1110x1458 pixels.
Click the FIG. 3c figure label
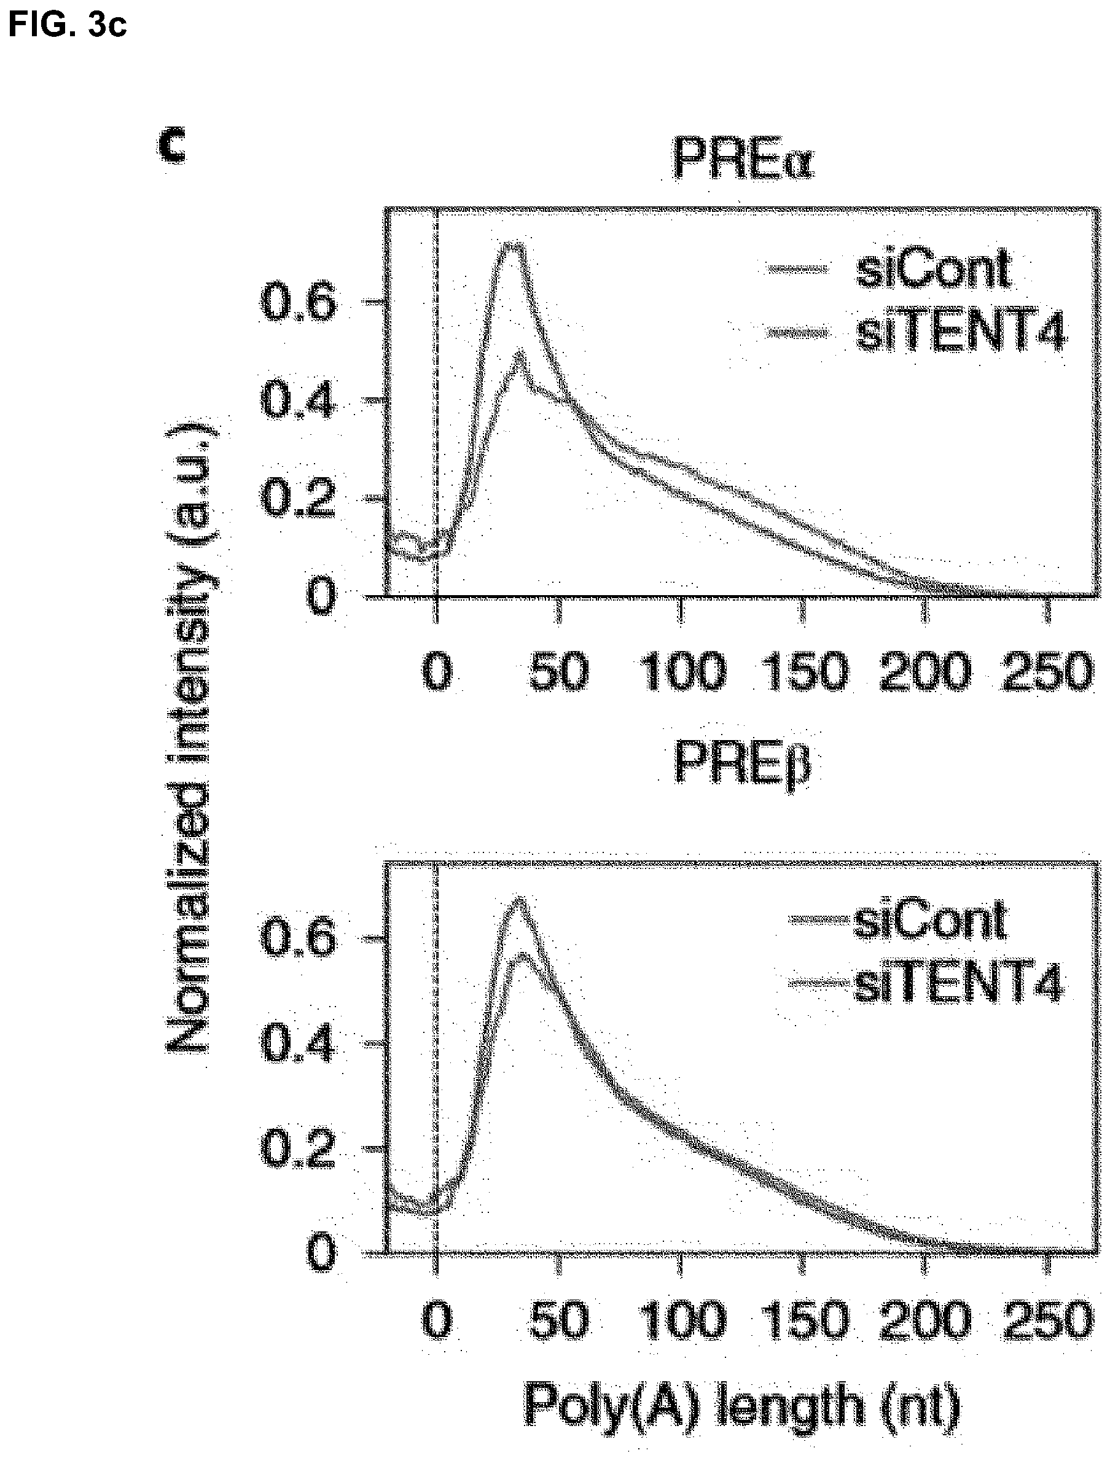click(67, 24)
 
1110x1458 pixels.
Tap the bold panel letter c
click(173, 146)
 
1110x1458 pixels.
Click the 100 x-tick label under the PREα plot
click(683, 672)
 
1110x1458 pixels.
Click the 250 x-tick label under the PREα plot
click(1047, 672)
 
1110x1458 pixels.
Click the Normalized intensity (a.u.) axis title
click(191, 733)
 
